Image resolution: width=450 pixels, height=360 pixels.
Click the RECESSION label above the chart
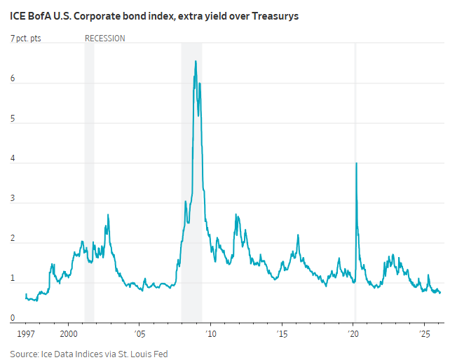coord(104,39)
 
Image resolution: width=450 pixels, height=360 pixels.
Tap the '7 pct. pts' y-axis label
coord(26,39)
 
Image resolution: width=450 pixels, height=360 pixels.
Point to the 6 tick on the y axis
coord(13,79)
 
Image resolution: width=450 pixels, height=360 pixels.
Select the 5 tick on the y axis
coord(13,119)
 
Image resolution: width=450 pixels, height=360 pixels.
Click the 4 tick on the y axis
coord(13,160)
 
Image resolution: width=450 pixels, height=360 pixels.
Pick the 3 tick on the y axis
coord(13,200)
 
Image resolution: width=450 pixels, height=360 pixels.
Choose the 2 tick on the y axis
coord(13,240)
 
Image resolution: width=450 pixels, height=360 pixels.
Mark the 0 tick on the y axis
coord(13,319)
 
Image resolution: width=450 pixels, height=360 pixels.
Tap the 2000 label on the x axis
coord(69,333)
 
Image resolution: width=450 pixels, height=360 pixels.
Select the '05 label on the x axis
coord(139,333)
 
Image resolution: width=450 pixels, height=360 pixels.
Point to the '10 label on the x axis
coord(210,333)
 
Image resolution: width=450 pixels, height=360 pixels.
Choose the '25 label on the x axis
coord(424,333)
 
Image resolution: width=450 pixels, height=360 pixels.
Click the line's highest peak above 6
coord(196,62)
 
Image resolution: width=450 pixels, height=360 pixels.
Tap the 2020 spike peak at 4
coord(357,163)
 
